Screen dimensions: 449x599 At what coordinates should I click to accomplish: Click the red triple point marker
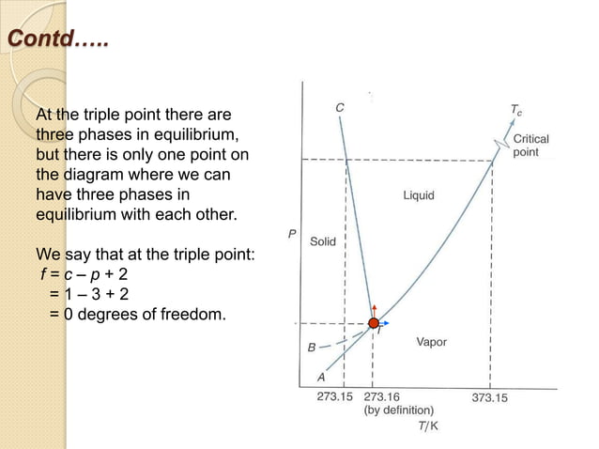point(373,322)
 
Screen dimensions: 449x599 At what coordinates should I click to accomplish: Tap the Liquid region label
point(419,196)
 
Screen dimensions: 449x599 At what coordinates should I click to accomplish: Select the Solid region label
point(323,241)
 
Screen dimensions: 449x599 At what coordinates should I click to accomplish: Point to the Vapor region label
point(431,342)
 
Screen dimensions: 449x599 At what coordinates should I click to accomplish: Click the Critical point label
point(530,145)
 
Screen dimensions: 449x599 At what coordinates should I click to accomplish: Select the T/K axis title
point(428,426)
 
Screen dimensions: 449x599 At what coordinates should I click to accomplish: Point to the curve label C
point(339,107)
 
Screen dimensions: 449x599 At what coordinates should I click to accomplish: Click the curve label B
point(312,348)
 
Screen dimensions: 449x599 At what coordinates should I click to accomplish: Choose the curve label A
point(321,377)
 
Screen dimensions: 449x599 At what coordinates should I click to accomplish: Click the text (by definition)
point(399,410)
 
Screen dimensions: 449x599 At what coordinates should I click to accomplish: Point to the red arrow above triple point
point(373,308)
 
